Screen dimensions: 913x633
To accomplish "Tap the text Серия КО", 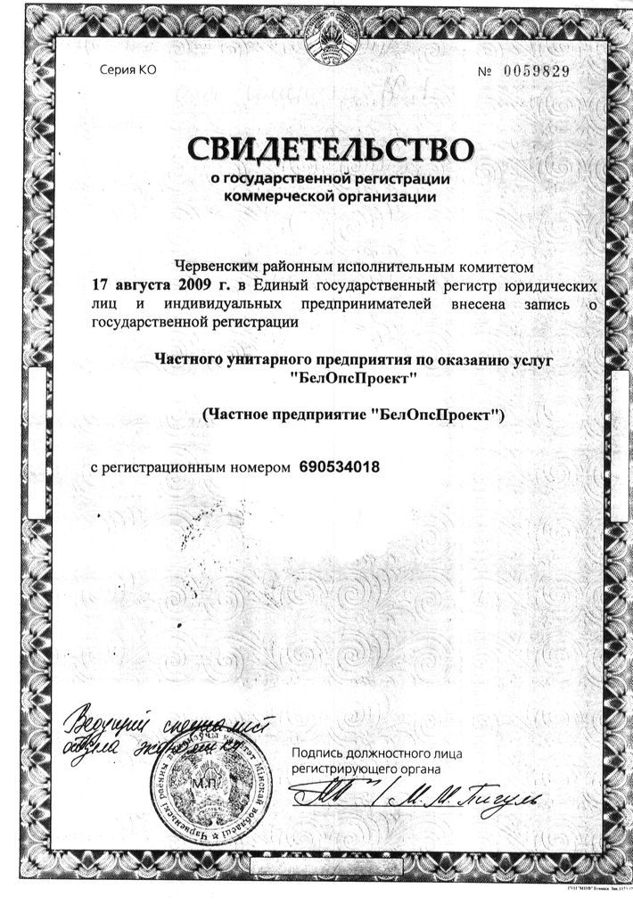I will pos(127,70).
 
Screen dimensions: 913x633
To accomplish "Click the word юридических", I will pos(551,286).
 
